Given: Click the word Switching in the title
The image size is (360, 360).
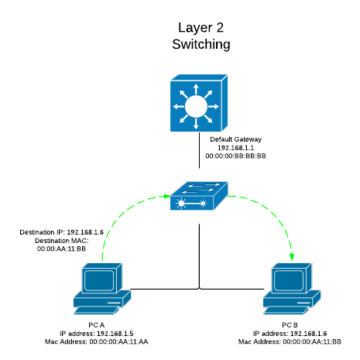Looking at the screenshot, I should coord(201,44).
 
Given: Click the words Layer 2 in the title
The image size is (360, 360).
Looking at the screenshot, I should coord(201,27).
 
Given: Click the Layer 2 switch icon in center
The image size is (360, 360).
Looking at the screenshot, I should coord(200,197).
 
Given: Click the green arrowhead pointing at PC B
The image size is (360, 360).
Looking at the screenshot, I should coord(293,258).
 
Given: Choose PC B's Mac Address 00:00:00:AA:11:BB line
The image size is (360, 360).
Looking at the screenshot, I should coord(292,341).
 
